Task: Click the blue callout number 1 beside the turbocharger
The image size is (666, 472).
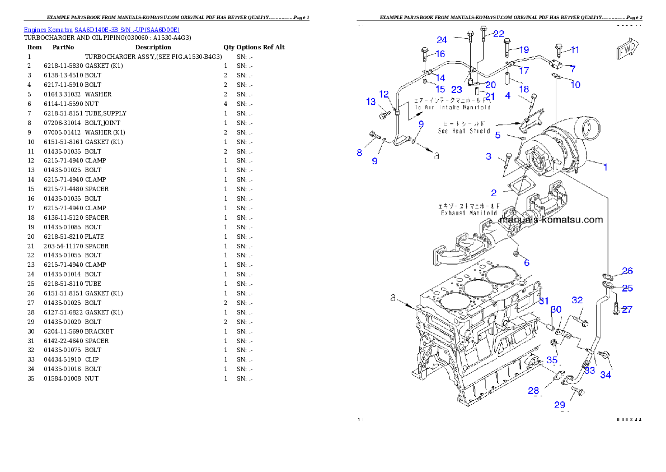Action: (x=604, y=166)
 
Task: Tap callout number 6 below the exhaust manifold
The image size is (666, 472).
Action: (x=526, y=263)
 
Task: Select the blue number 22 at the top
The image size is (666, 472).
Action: (x=498, y=34)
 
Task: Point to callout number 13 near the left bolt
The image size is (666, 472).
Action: (x=371, y=101)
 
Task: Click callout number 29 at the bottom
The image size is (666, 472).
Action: (x=560, y=405)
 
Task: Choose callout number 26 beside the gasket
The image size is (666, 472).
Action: (x=627, y=271)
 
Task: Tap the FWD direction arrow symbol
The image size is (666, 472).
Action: (x=627, y=49)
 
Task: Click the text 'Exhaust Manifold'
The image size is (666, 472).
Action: (x=468, y=213)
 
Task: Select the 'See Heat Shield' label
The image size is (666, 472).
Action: (x=464, y=131)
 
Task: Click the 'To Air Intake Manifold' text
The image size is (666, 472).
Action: (x=452, y=107)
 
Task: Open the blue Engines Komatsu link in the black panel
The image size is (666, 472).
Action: (x=101, y=30)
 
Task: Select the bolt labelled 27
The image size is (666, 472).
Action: (x=615, y=308)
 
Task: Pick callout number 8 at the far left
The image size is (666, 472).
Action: (x=360, y=152)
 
